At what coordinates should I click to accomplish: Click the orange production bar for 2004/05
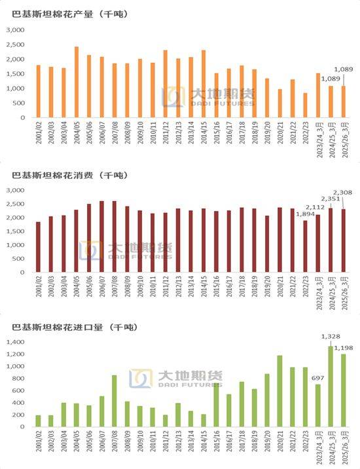77,83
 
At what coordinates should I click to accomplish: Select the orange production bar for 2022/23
305,105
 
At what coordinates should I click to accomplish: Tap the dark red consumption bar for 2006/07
101,236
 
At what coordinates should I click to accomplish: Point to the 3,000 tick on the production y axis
15,30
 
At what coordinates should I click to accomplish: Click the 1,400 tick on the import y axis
15,342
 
